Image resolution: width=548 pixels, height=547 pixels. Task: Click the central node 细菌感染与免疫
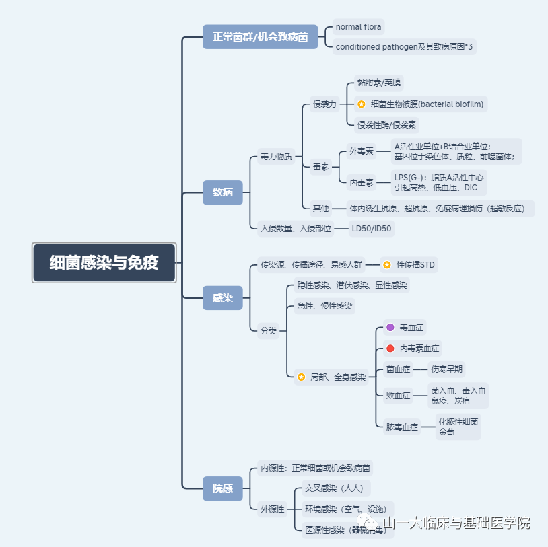coord(104,262)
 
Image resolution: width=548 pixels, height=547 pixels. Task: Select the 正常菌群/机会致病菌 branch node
coord(260,37)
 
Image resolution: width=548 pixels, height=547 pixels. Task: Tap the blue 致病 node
coord(223,192)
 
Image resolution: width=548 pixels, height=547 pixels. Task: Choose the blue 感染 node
coord(223,298)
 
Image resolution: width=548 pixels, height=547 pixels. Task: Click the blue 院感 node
coord(223,488)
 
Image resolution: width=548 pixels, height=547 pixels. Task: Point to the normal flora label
coord(358,27)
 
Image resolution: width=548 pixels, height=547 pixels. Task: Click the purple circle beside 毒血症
coord(390,328)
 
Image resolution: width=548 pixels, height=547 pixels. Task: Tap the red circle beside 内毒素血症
coord(390,349)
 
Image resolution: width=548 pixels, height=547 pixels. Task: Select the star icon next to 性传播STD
coord(387,265)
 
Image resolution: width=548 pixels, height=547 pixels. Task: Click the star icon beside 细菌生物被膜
coord(362,104)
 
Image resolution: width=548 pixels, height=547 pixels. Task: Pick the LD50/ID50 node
coord(371,229)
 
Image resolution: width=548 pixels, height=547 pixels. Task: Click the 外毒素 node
coord(362,151)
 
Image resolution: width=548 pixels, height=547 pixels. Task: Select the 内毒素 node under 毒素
coord(362,182)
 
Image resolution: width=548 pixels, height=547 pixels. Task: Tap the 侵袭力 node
coord(324,104)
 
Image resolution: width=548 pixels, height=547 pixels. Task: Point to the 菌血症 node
coord(399,369)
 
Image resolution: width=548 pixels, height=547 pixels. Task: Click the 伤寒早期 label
coord(448,369)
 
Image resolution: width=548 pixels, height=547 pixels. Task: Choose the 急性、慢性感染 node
coord(324,306)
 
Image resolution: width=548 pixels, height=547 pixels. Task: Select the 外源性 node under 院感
coord(273,509)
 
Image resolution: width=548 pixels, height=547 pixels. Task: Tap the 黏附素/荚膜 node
coord(379,83)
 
